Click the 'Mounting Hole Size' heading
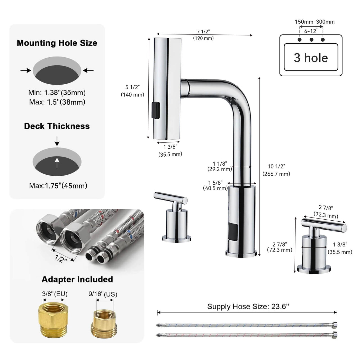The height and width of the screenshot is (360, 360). pyautogui.click(x=57, y=43)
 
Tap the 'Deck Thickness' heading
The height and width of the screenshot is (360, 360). pyautogui.click(x=57, y=126)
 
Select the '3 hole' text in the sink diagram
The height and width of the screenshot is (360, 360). pyautogui.click(x=311, y=58)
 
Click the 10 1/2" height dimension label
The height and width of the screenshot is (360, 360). pyautogui.click(x=276, y=170)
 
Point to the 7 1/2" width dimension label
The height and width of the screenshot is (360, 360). pyautogui.click(x=203, y=34)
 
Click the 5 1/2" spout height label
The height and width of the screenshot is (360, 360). pyautogui.click(x=132, y=91)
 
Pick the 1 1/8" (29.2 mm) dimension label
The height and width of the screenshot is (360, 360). pyautogui.click(x=220, y=166)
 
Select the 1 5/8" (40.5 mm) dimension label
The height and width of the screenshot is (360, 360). pyautogui.click(x=215, y=185)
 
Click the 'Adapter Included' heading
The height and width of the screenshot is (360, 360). pyautogui.click(x=77, y=279)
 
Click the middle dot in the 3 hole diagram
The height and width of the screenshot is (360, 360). pyautogui.click(x=311, y=40)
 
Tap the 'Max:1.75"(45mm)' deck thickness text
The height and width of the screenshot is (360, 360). pyautogui.click(x=58, y=186)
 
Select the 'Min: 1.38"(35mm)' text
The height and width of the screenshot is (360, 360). pyautogui.click(x=57, y=93)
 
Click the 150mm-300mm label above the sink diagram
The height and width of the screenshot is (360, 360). pyautogui.click(x=314, y=22)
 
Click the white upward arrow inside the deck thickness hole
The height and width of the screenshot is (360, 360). pyautogui.click(x=57, y=163)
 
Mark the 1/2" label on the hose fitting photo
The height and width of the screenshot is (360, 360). pyautogui.click(x=61, y=258)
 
